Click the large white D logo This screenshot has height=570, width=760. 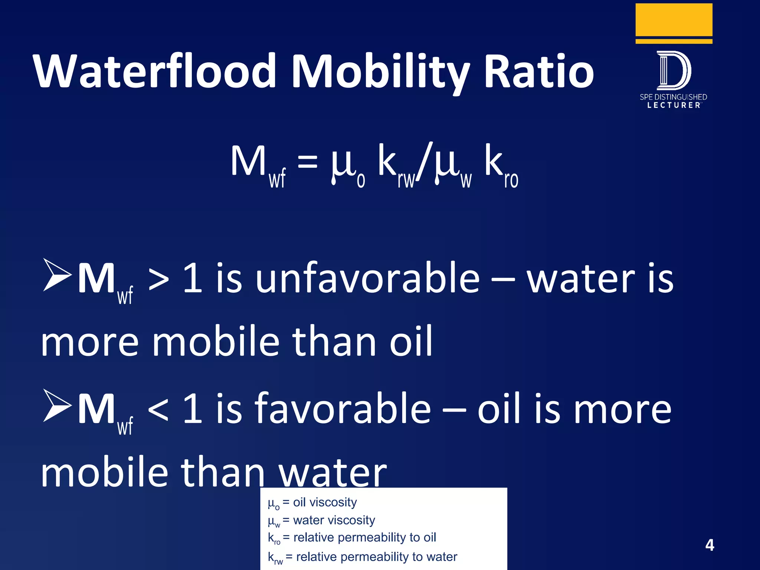(674, 71)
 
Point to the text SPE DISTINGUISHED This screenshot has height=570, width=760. (673, 97)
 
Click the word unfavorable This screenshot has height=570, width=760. (367, 278)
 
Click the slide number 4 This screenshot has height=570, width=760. (710, 545)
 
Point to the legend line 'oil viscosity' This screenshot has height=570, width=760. (312, 502)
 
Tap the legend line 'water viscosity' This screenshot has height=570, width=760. (321, 521)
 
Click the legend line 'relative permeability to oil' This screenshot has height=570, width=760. (352, 538)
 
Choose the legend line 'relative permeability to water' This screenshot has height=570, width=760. (362, 557)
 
